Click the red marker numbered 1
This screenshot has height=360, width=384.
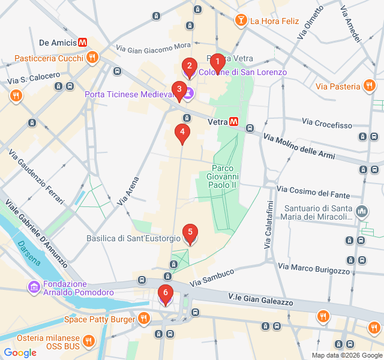click(x=217, y=62)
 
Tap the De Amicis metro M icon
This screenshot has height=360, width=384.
click(x=83, y=43)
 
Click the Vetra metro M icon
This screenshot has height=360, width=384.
click(x=233, y=122)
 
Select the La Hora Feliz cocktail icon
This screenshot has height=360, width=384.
click(x=241, y=21)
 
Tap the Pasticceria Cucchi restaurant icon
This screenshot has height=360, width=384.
click(x=92, y=58)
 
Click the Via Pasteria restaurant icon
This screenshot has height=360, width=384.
click(x=370, y=87)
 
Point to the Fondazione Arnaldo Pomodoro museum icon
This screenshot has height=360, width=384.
click(x=34, y=289)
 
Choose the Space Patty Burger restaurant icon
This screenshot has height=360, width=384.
click(x=143, y=319)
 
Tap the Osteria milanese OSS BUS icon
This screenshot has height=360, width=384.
click(x=88, y=342)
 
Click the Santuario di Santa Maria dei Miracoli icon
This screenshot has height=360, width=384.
click(x=362, y=212)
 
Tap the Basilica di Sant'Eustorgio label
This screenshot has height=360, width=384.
click(x=133, y=238)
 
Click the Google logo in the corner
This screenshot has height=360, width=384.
click(x=20, y=353)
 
